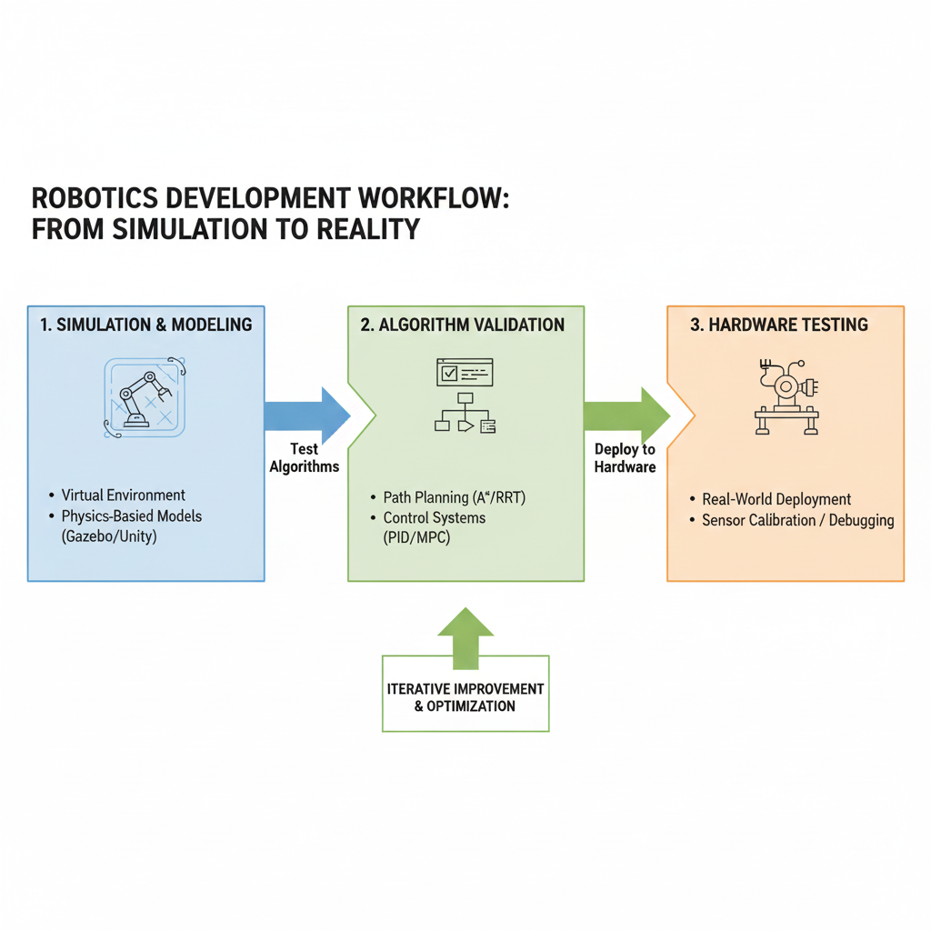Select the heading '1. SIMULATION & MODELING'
pos(145,325)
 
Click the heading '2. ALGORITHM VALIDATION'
pos(462,325)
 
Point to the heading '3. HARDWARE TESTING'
pos(778,325)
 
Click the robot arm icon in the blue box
pos(144,396)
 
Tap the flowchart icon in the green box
pos(465,396)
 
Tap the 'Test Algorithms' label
pos(304,457)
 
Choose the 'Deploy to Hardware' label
pos(625,458)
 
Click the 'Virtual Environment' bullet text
pos(124,496)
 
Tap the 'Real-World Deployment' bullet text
pos(776,499)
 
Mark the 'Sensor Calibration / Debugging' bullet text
pos(797,521)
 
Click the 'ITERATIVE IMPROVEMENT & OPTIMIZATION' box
pos(465,697)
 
